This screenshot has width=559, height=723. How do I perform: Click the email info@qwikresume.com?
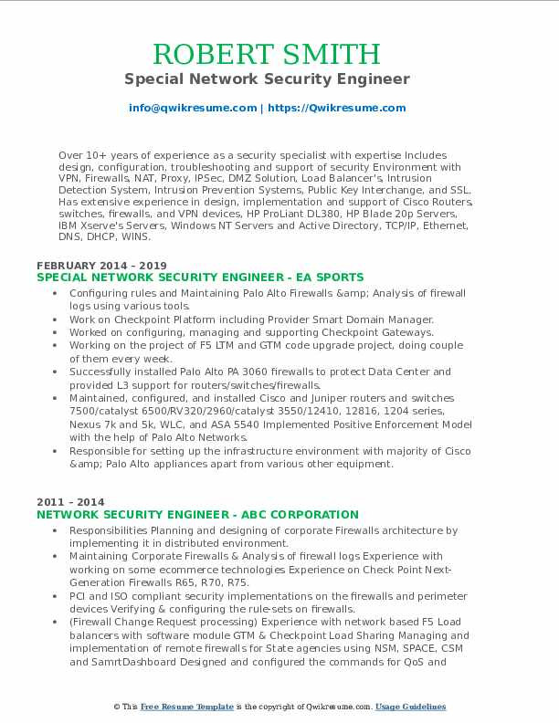point(193,108)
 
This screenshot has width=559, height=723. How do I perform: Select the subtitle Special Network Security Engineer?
point(279,79)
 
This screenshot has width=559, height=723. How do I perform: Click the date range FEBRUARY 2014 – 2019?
point(89,264)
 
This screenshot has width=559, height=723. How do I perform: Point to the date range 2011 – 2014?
point(70,502)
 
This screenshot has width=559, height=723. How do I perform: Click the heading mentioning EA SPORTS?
point(200,277)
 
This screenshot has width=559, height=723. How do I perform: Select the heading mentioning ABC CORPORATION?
point(198,515)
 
